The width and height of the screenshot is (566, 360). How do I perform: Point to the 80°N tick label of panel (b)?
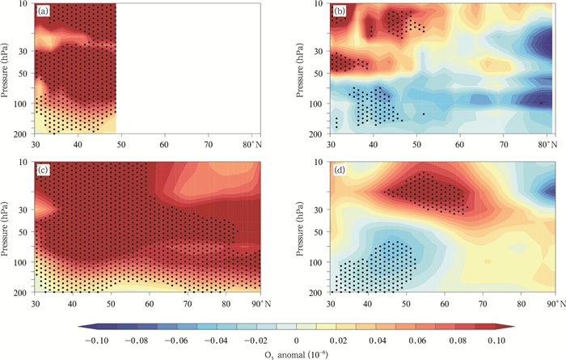click(552, 143)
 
